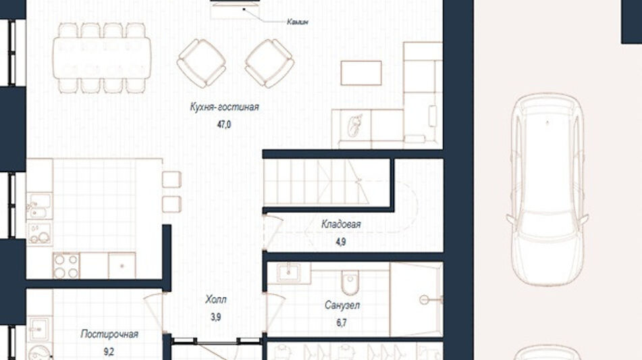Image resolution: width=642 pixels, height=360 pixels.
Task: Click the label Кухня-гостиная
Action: [x=224, y=107]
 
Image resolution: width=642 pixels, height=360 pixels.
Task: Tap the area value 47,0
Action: [x=224, y=124]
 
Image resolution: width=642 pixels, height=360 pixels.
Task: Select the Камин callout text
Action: [x=298, y=22]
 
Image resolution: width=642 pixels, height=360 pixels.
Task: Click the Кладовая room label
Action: [x=341, y=224]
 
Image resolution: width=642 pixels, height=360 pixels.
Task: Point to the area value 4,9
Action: [x=341, y=242]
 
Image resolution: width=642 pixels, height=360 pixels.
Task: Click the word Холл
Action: [x=216, y=300]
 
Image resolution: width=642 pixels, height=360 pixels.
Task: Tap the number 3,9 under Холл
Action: [x=216, y=317]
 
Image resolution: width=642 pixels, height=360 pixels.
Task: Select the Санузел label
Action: [x=342, y=305]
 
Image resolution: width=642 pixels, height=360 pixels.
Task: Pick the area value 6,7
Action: [x=342, y=323]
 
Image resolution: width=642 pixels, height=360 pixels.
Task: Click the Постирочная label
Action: [x=109, y=334]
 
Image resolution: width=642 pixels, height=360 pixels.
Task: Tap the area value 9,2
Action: [x=109, y=352]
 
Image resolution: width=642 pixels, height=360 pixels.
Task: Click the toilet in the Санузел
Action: [x=350, y=280]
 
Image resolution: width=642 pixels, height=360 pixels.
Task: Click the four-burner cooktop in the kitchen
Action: [x=66, y=266]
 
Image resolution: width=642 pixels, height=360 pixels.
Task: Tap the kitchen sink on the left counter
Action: [x=40, y=206]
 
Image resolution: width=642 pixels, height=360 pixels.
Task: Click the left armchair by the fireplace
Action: [x=201, y=63]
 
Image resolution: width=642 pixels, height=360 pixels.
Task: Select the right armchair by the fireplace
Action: [x=269, y=63]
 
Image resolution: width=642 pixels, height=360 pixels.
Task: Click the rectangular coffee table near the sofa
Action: [x=361, y=73]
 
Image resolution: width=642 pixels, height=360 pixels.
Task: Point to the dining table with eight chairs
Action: [x=102, y=57]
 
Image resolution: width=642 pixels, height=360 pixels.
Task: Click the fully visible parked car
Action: [x=547, y=190]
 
